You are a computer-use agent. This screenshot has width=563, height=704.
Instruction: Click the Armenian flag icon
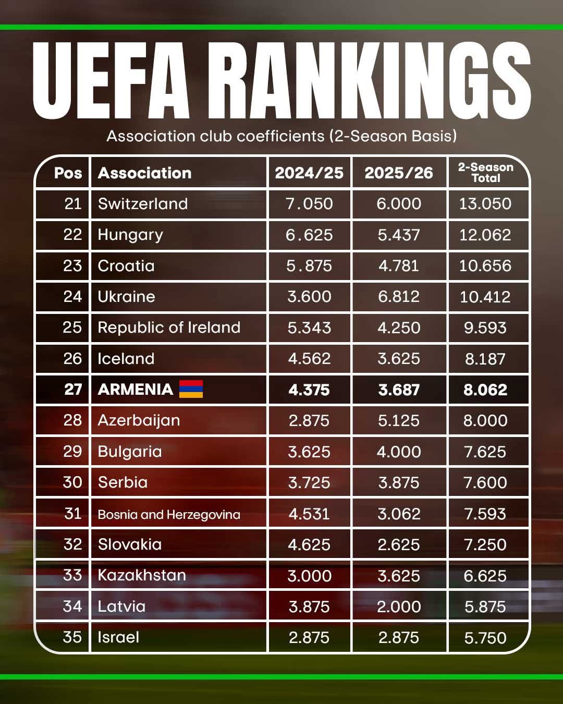pyautogui.click(x=191, y=389)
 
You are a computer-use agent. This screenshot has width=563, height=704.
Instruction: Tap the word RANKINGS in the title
pyautogui.click(x=372, y=81)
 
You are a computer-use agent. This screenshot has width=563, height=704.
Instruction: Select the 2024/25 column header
pyautogui.click(x=309, y=173)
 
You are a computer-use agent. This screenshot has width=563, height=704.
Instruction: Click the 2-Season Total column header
pyautogui.click(x=485, y=173)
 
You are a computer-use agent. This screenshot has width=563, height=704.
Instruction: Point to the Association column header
pyautogui.click(x=144, y=173)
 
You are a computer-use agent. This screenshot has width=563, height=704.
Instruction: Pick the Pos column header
pyautogui.click(x=68, y=173)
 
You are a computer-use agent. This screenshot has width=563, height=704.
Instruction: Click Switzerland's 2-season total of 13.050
pyautogui.click(x=485, y=203)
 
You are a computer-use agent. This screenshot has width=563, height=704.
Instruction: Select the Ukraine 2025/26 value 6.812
pyautogui.click(x=399, y=296)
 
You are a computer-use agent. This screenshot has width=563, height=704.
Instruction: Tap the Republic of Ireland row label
pyautogui.click(x=169, y=327)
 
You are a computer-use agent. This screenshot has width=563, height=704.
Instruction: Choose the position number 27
pyautogui.click(x=73, y=389)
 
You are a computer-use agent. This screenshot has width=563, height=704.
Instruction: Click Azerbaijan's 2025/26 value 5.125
pyautogui.click(x=399, y=420)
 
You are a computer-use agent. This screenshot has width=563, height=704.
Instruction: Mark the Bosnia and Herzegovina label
pyautogui.click(x=169, y=514)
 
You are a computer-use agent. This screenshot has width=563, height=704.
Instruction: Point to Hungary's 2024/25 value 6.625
pyautogui.click(x=309, y=235)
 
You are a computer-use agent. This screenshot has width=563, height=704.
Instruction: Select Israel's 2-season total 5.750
pyautogui.click(x=485, y=637)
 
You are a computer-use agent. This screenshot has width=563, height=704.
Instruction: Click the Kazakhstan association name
pyautogui.click(x=142, y=575)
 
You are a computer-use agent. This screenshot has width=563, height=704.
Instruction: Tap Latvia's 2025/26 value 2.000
pyautogui.click(x=399, y=606)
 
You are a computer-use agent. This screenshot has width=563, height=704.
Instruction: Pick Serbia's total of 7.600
pyautogui.click(x=485, y=482)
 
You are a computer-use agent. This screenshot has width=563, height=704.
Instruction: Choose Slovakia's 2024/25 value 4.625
pyautogui.click(x=309, y=544)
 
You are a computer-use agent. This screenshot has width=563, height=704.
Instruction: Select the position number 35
pyautogui.click(x=72, y=637)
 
